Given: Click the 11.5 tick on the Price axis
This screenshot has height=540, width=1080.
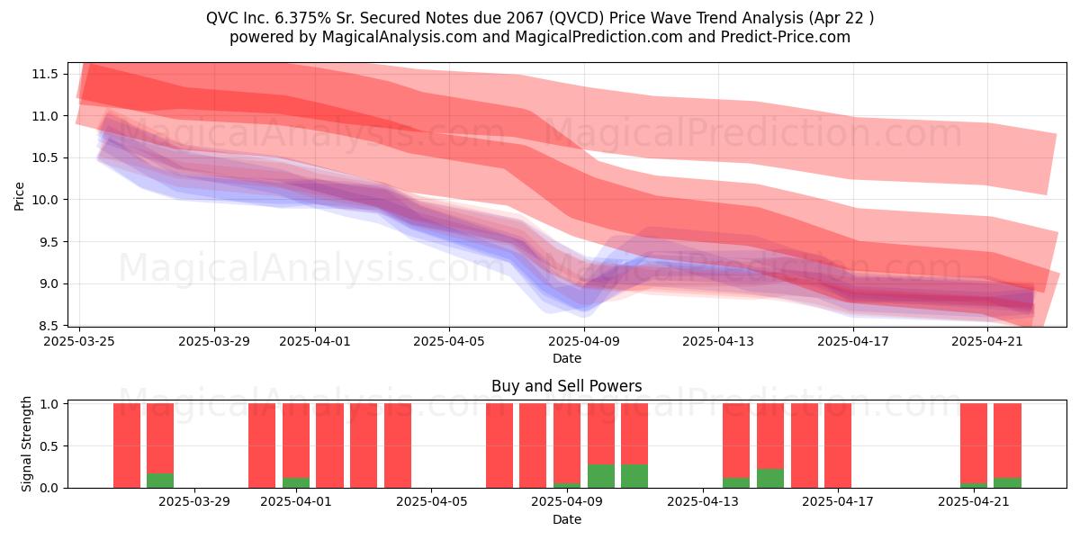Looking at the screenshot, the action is (x=44, y=74).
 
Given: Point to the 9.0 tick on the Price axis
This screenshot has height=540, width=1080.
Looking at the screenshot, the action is (x=47, y=284).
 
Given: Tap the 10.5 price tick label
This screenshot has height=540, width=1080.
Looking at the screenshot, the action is (x=44, y=158).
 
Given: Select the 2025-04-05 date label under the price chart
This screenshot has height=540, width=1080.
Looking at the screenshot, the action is (x=449, y=341).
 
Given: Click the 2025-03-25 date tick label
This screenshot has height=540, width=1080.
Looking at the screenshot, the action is (x=79, y=341).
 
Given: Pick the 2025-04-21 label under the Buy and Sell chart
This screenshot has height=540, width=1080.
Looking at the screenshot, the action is (x=974, y=502).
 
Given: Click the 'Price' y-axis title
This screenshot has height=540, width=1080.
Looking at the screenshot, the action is (x=19, y=196).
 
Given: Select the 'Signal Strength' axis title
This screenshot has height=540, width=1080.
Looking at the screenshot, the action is (x=26, y=444).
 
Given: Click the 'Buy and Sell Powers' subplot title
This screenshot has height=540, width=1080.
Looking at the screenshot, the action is (x=566, y=386).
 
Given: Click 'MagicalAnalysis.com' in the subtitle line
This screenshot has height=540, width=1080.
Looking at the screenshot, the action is (x=400, y=37).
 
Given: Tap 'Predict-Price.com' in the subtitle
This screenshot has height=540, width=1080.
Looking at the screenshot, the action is (x=786, y=37).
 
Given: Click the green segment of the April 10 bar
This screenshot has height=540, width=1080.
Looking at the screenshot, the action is (x=601, y=476).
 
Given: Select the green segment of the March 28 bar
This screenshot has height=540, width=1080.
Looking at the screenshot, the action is (x=160, y=481).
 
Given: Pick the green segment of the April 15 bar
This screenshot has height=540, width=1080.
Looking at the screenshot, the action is (x=770, y=478).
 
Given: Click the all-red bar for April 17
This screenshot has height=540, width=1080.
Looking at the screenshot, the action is (x=838, y=445).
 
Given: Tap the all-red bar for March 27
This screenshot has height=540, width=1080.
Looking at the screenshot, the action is (x=127, y=445).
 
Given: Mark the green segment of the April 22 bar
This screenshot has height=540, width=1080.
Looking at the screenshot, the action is (x=1007, y=482).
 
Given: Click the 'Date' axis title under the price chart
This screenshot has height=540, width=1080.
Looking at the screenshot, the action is (x=566, y=359).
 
